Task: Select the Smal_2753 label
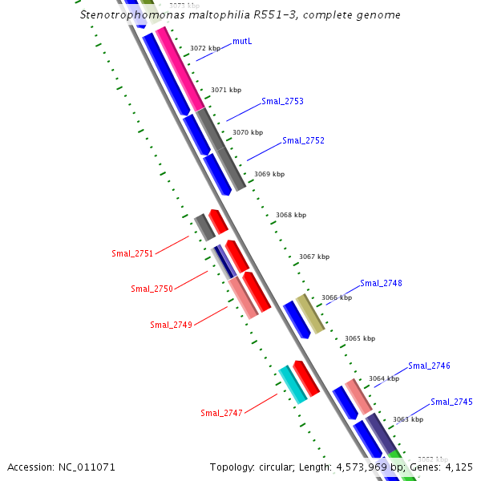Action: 282,101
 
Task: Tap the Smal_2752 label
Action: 303,140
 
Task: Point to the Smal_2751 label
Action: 132,253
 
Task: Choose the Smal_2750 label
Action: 152,289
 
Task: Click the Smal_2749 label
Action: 171,325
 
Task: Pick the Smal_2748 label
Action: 381,283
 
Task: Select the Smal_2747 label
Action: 221,413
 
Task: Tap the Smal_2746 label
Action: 429,366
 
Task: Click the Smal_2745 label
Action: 451,402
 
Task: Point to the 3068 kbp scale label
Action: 290,215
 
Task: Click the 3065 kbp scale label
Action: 359,338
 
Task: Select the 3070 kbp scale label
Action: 247,132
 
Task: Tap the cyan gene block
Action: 293,384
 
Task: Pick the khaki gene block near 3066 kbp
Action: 309,313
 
